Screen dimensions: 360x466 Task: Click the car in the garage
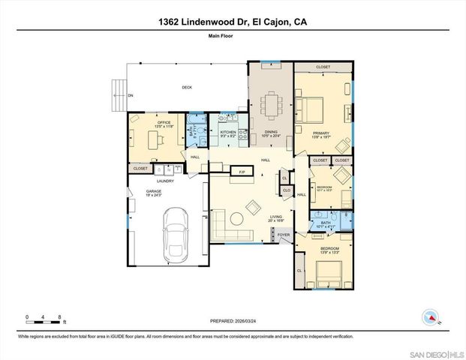pyautogui.click(x=175, y=232)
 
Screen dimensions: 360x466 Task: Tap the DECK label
pyautogui.click(x=187, y=88)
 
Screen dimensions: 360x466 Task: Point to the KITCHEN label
pyautogui.click(x=228, y=133)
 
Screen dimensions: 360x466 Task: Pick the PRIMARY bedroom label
pyautogui.click(x=322, y=133)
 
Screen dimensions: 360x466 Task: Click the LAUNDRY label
pyautogui.click(x=165, y=181)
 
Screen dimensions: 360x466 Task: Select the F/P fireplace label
pyautogui.click(x=242, y=172)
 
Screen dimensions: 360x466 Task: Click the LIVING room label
pyautogui.click(x=275, y=217)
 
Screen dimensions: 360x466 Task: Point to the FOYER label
pyautogui.click(x=284, y=235)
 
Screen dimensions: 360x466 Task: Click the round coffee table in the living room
pyautogui.click(x=236, y=219)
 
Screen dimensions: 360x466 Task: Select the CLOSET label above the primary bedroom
pyautogui.click(x=323, y=67)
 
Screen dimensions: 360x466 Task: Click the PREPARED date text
pyautogui.click(x=233, y=316)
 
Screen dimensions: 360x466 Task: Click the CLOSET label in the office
pyautogui.click(x=140, y=169)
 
